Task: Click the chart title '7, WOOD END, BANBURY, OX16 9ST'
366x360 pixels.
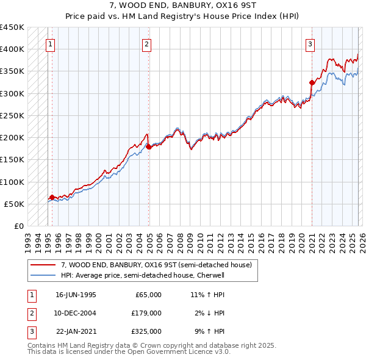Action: tap(182, 5)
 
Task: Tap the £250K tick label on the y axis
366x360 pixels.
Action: tap(12, 115)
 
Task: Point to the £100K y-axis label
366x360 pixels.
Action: tap(12, 182)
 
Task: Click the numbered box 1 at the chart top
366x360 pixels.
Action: tap(49, 44)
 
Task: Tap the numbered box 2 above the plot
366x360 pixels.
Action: tap(147, 44)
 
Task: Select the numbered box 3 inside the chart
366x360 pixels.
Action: tap(310, 44)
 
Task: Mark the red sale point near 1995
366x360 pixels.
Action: tap(52, 197)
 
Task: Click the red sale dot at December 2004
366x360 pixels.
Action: tap(149, 146)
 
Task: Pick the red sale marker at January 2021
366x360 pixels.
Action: tap(312, 82)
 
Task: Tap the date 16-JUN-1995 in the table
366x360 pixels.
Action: tap(76, 295)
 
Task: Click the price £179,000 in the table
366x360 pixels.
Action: tap(146, 313)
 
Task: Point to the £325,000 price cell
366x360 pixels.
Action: tap(146, 331)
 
